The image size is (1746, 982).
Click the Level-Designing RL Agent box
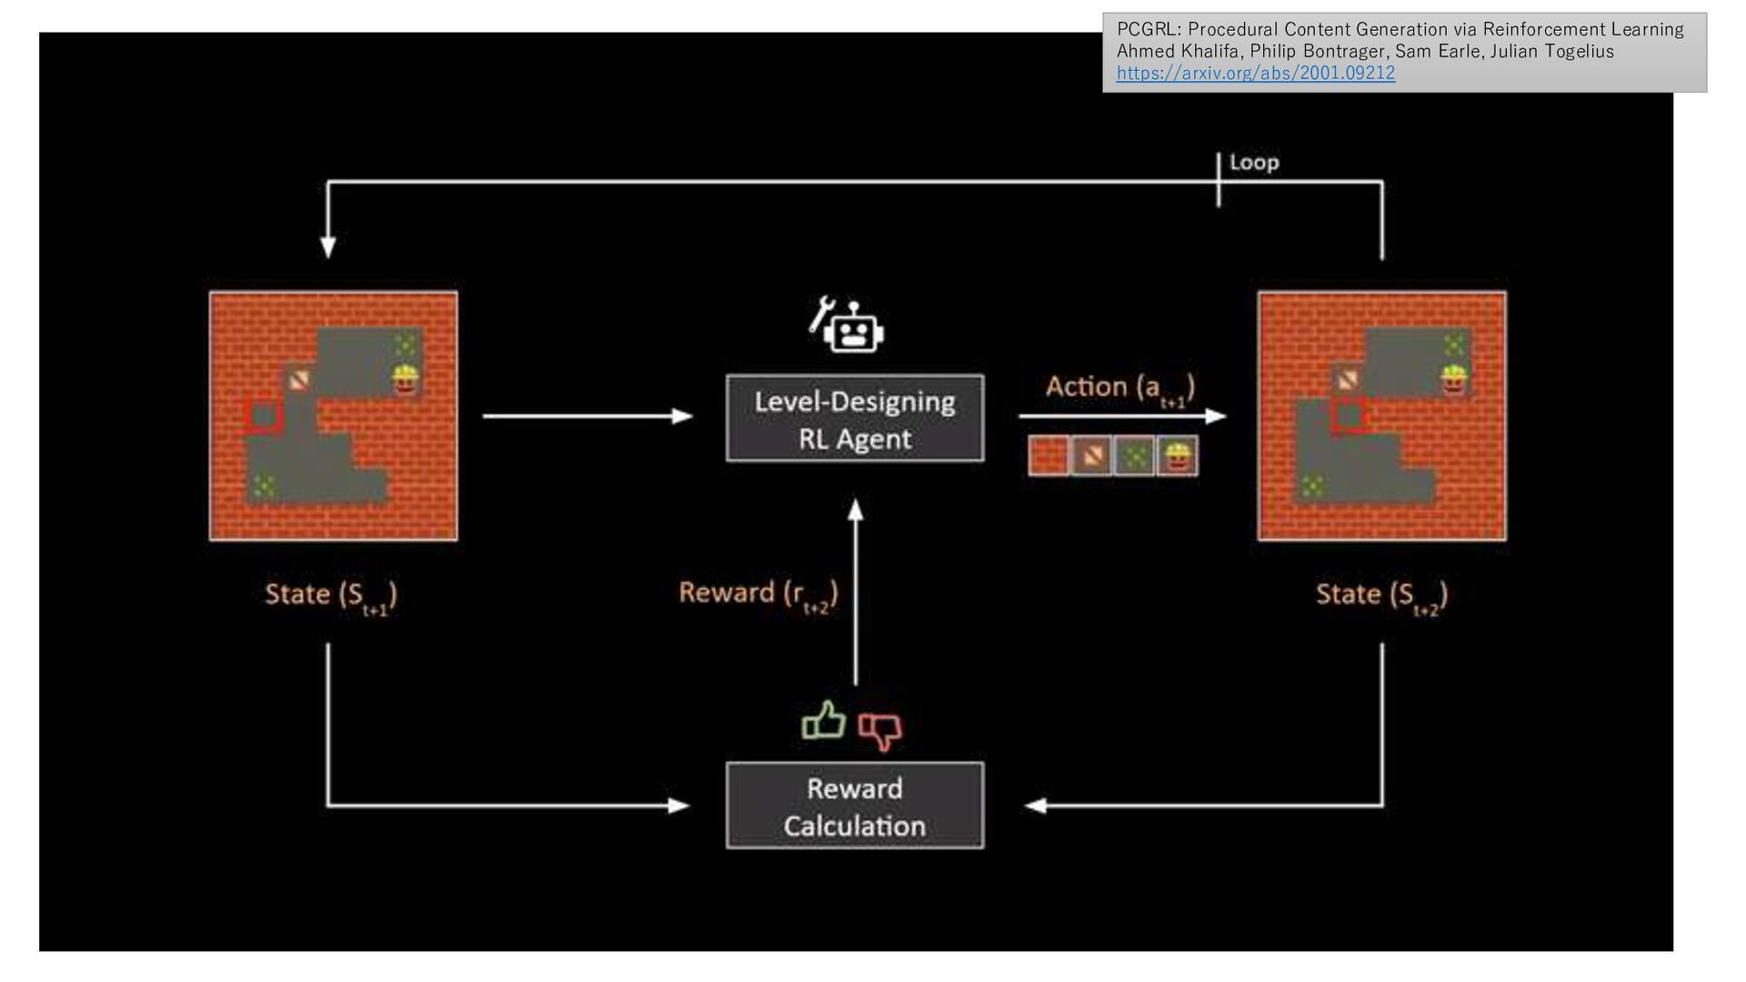tap(854, 418)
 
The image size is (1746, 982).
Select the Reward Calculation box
tap(854, 806)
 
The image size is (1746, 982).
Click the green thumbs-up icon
tap(824, 721)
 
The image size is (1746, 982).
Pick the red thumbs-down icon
tap(880, 729)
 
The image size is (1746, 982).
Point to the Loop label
tap(1254, 163)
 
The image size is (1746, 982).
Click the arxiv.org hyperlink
tap(1255, 74)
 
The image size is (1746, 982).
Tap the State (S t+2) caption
tap(1381, 596)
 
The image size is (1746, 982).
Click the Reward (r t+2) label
tap(758, 595)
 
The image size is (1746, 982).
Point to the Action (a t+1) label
tap(1119, 388)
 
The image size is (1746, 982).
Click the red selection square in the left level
tap(264, 416)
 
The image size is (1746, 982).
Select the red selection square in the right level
tap(1350, 416)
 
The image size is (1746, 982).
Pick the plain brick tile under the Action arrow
tap(1049, 456)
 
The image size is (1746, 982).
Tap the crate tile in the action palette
tap(1091, 456)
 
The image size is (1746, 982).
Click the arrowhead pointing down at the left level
tap(328, 247)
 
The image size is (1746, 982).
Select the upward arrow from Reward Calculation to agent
tap(855, 591)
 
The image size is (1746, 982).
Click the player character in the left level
tap(405, 379)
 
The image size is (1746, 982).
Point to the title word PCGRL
tap(1145, 30)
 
